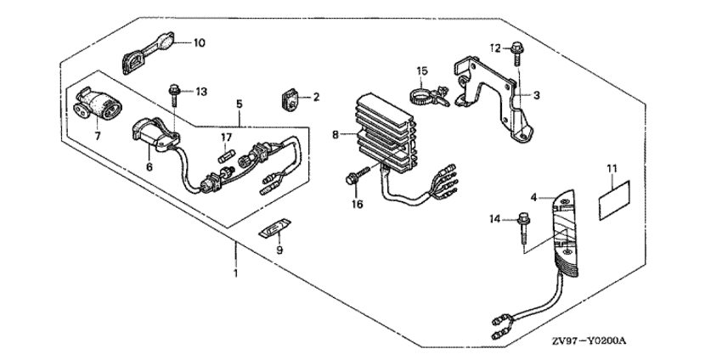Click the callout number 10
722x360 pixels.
pos(199,43)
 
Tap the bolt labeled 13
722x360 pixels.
pos(174,94)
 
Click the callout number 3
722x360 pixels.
pos(537,96)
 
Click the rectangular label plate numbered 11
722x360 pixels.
pos(614,195)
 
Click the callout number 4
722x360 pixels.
pos(533,198)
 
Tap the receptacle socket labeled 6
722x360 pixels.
pos(155,134)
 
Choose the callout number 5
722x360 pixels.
pos(239,104)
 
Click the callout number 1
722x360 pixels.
pos(236,273)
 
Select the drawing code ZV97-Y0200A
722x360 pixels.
pos(589,341)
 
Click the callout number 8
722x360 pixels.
pos(336,135)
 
